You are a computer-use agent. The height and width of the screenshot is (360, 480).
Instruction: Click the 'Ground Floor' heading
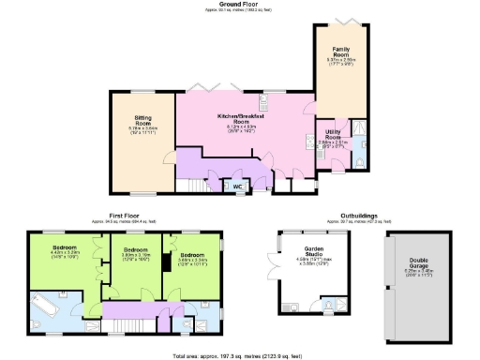click(238, 4)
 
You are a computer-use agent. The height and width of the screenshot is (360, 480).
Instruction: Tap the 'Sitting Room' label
click(142, 121)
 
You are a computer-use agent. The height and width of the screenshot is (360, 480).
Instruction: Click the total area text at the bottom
click(238, 355)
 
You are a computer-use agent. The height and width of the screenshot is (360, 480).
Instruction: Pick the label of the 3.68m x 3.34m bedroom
click(193, 255)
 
